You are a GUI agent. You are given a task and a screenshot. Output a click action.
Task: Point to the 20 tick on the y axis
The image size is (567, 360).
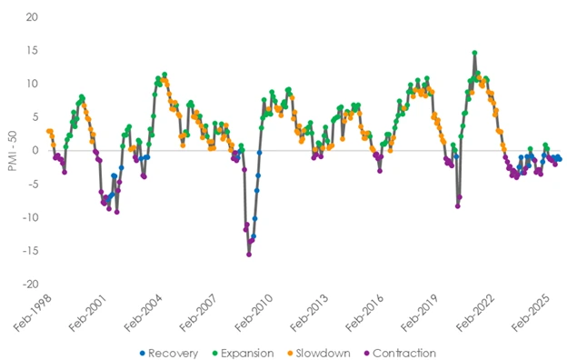(x=30, y=17)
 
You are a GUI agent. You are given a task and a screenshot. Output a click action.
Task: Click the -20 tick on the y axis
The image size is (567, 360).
(x=28, y=284)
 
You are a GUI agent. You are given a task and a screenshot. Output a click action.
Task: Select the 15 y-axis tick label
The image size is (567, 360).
(x=30, y=51)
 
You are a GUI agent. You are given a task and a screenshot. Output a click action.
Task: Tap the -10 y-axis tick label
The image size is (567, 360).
(x=28, y=217)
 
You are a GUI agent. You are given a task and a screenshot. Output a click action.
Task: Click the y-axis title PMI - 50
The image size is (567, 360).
(x=11, y=151)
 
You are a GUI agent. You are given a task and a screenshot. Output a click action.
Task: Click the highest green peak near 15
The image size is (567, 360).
(x=474, y=53)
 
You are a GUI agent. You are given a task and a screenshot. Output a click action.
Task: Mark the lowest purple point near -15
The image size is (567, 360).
(x=249, y=255)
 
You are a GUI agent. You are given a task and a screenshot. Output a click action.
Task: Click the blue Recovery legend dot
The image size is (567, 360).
(x=142, y=353)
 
